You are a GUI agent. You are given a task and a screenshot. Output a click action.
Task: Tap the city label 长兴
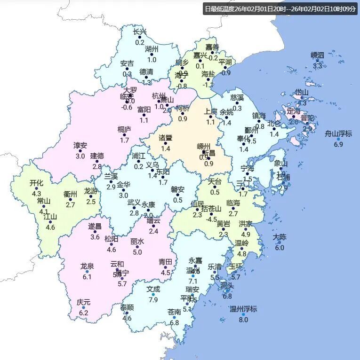coord(140,32)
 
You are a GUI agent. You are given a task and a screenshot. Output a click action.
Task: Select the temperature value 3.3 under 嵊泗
coord(318,66)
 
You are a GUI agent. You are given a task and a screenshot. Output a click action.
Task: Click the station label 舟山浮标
coord(338,133)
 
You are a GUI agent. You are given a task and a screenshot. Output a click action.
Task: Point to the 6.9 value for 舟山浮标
coord(338,144)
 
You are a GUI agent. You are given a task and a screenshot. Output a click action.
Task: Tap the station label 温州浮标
coord(243,309)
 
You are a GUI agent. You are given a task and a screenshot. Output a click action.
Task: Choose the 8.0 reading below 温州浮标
coord(243,320)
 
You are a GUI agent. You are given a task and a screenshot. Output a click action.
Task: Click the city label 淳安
coord(80,145)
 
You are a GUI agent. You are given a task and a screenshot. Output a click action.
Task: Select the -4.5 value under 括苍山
coord(212,219)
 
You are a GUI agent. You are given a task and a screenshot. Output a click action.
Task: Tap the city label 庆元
coord(84,302)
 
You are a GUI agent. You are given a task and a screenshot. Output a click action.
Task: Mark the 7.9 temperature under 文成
coord(153,299)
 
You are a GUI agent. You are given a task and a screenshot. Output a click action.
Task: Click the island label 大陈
coord(280,237)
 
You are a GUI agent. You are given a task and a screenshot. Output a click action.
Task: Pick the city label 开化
coord(36,183)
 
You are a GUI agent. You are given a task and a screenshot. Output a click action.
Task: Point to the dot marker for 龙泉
coord(87,272)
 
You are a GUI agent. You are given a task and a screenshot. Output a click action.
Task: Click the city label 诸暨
coord(165,138)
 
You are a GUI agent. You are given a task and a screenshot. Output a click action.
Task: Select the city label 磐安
coord(177,189)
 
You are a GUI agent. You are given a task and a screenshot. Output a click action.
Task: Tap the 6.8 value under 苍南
coord(174,322)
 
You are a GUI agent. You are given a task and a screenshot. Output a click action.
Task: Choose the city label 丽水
coord(137,242)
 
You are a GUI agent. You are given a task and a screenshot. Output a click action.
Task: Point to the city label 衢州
coord(70,194)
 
